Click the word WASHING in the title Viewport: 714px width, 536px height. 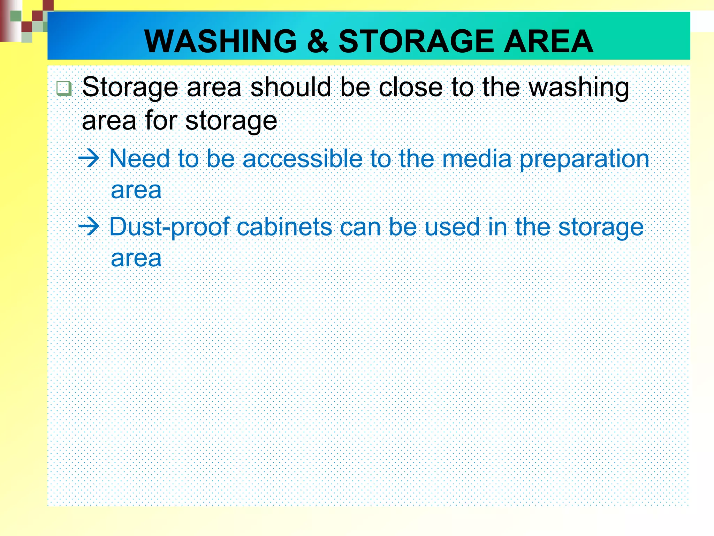220,41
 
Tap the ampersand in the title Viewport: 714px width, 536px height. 317,41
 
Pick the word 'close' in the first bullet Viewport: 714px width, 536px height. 411,87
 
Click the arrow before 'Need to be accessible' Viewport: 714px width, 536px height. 89,159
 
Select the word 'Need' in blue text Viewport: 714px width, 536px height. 139,159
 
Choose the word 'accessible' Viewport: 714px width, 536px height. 303,159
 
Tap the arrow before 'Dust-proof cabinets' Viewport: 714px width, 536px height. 89,227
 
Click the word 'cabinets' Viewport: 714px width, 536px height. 284,227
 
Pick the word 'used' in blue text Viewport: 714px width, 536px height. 453,227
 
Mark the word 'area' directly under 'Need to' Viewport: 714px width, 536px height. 136,191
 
